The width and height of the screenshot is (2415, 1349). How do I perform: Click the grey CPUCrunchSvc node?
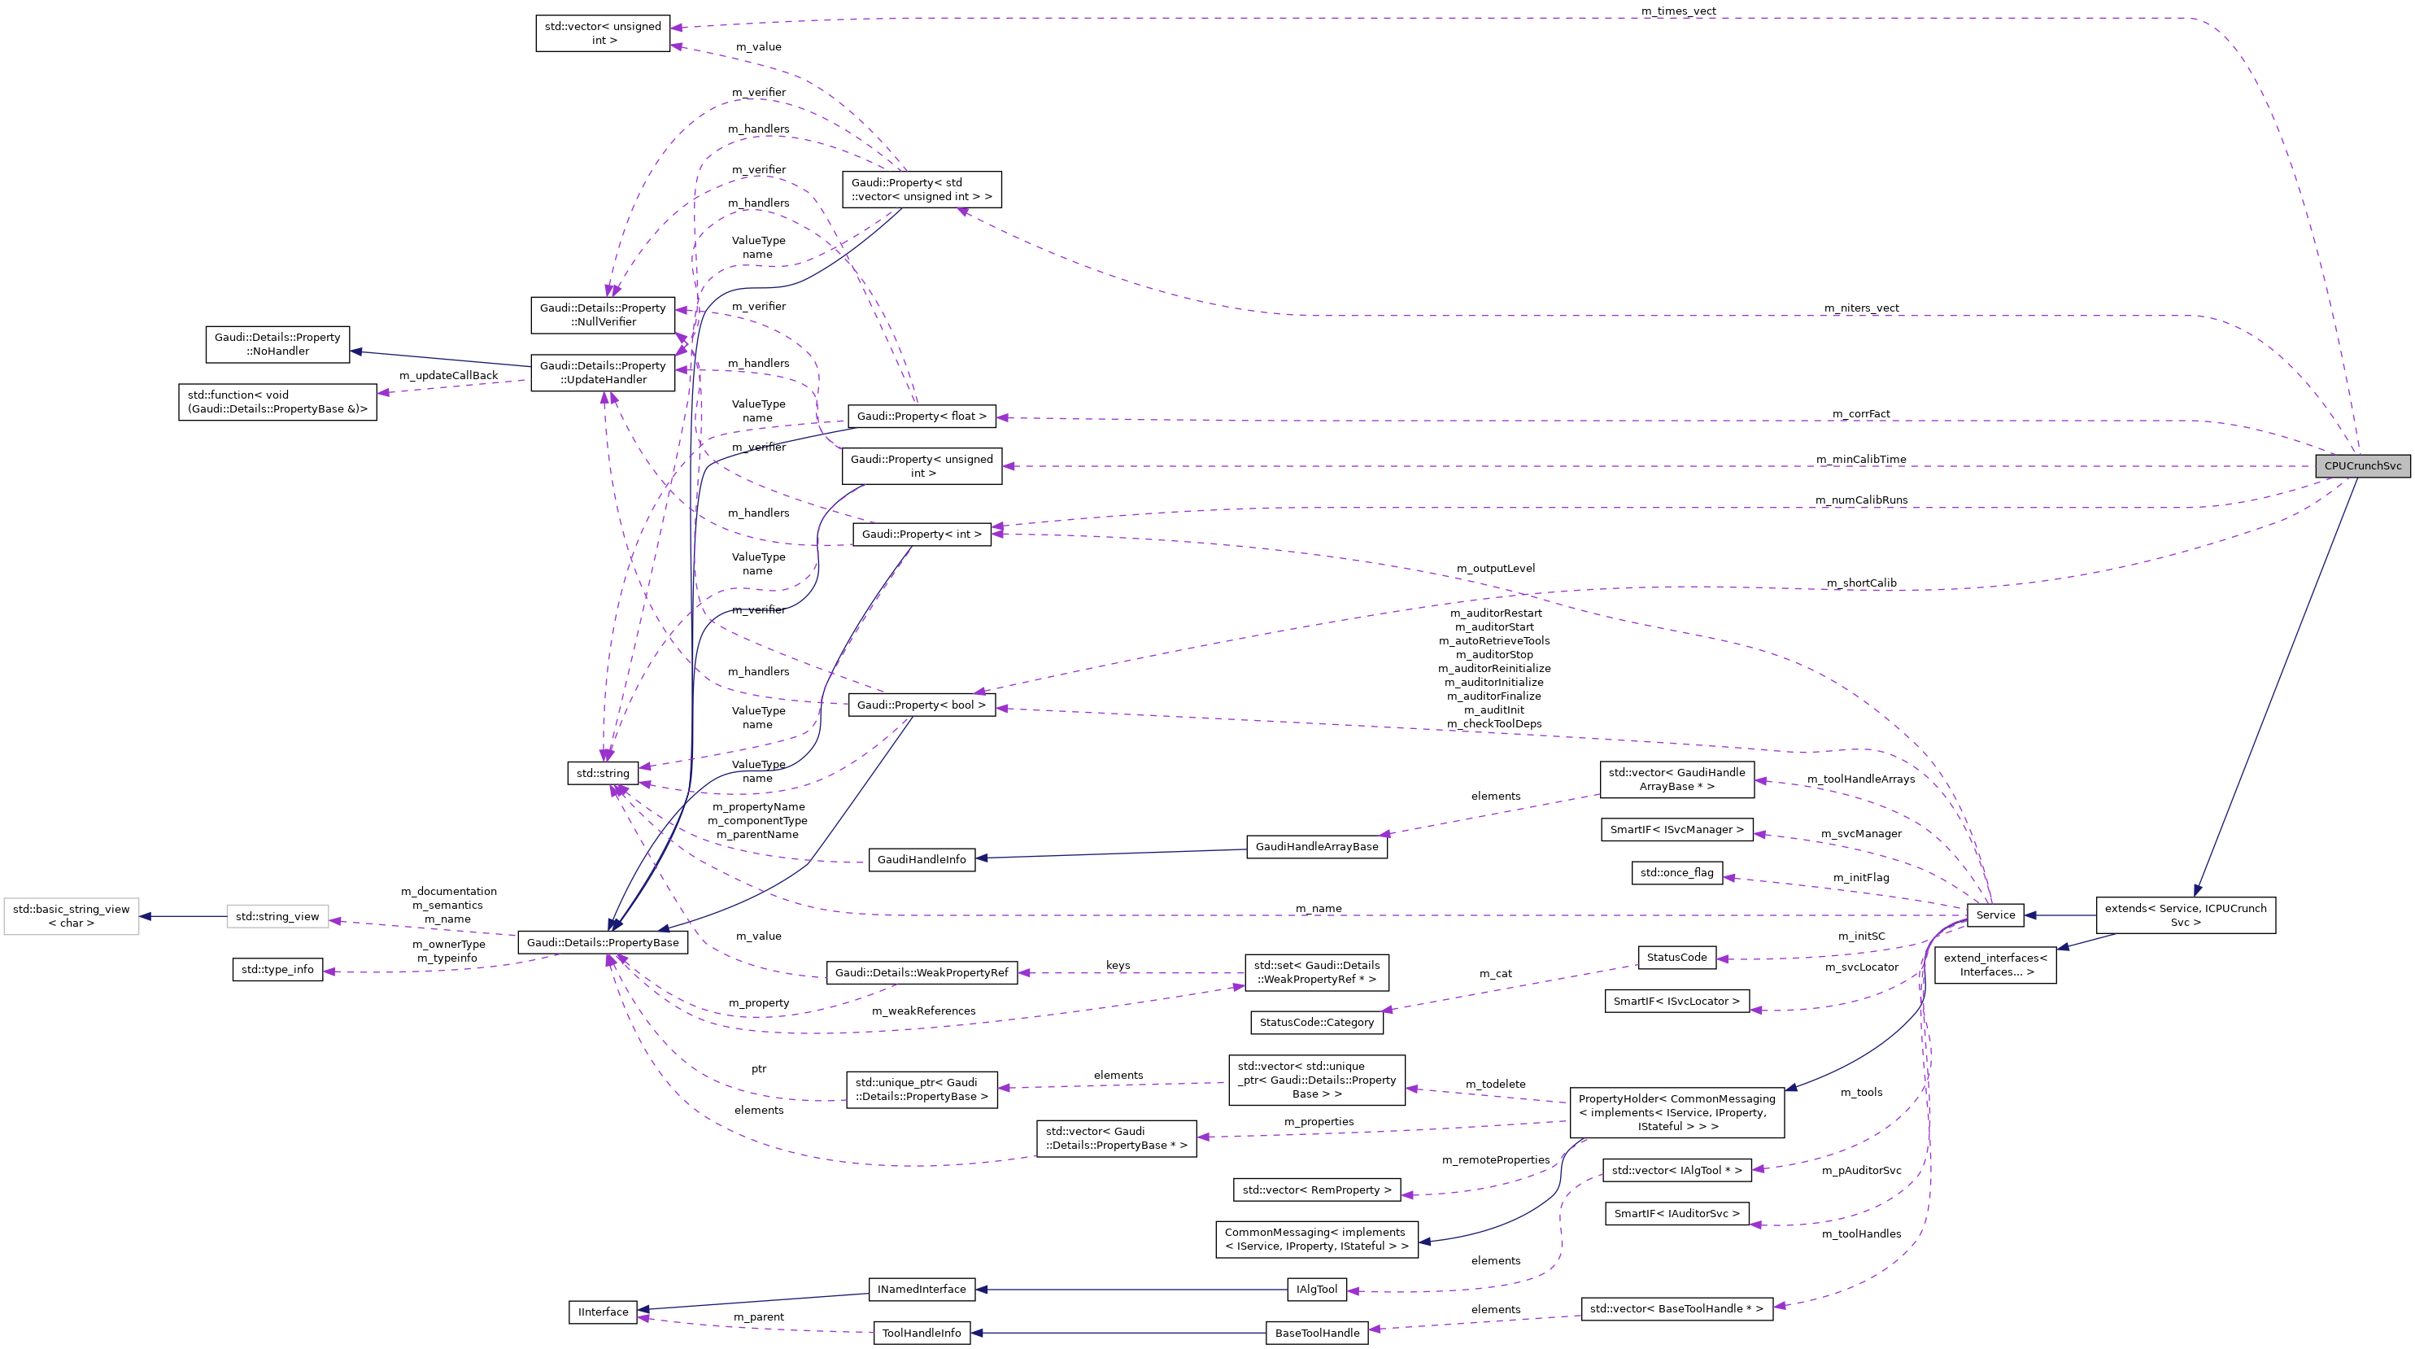2361,466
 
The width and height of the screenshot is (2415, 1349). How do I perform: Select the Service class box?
1995,915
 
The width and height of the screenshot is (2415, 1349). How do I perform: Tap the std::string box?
603,774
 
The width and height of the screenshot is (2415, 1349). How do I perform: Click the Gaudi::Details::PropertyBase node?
603,942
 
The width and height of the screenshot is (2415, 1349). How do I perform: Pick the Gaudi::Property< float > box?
922,417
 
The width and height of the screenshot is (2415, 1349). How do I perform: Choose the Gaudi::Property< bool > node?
922,705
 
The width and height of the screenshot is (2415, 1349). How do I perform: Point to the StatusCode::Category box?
1316,1022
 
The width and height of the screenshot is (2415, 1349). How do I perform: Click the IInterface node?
603,1312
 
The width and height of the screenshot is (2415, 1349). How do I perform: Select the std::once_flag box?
1676,873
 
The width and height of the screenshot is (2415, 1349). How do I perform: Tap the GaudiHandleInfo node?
922,860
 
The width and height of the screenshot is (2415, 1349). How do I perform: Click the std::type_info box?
277,969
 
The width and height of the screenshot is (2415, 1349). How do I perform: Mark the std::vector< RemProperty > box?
1316,1190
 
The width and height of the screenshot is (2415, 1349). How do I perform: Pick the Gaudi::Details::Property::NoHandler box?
277,344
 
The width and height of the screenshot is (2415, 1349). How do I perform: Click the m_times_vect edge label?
1678,11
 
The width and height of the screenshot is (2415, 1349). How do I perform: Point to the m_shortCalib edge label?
1861,583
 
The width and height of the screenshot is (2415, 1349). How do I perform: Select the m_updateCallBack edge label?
448,376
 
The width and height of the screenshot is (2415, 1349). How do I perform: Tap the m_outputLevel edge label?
1495,568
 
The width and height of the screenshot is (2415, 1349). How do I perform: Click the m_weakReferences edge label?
923,1011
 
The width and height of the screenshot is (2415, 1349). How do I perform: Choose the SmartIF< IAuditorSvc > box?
1676,1213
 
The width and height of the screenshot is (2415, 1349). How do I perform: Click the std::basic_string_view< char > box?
72,916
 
